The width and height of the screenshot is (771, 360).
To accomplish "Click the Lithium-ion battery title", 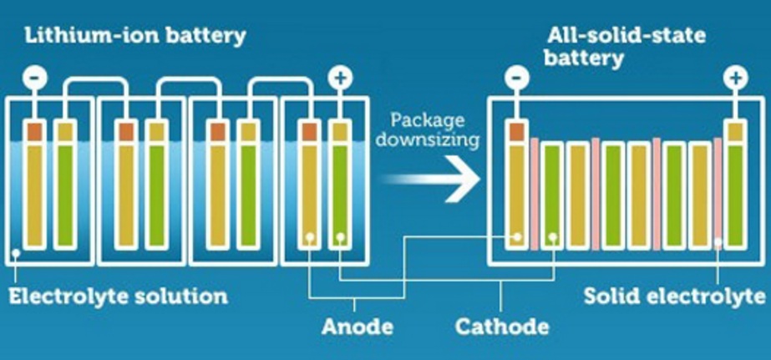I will pos(134,35).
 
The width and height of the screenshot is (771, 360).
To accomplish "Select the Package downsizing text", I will pos(427,129).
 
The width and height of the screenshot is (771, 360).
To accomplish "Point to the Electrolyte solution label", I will pos(117,297).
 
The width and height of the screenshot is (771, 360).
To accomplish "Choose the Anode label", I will pos(357,326).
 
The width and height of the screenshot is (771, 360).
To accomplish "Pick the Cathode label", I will pos(502,326).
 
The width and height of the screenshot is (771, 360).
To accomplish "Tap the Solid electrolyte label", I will pos(674,297).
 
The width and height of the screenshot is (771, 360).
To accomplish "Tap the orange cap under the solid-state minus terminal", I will pos(517,130).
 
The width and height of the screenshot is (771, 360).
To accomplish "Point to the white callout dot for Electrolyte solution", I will pos(16,253).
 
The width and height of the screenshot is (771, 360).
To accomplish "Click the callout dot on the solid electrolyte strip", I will pos(718,244).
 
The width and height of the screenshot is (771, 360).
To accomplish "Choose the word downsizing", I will pos(427,139).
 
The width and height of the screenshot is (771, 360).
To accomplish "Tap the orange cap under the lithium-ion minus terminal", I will pos(35,130).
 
